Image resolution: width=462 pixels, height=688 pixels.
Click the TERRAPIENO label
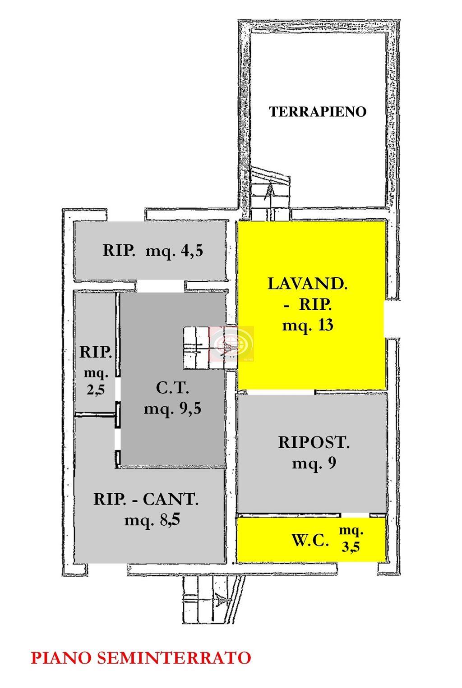318,111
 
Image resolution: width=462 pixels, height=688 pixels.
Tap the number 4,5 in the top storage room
192,251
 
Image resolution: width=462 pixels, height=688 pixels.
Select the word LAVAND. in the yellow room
307,284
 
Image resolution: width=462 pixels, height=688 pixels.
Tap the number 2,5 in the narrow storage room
96,390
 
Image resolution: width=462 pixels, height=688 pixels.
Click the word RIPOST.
314,442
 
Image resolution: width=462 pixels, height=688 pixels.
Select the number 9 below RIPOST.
332,463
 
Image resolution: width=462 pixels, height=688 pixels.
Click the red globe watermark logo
231,344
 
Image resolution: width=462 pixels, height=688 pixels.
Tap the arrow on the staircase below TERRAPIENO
270,191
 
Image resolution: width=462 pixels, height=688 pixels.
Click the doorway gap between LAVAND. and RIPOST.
280,392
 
